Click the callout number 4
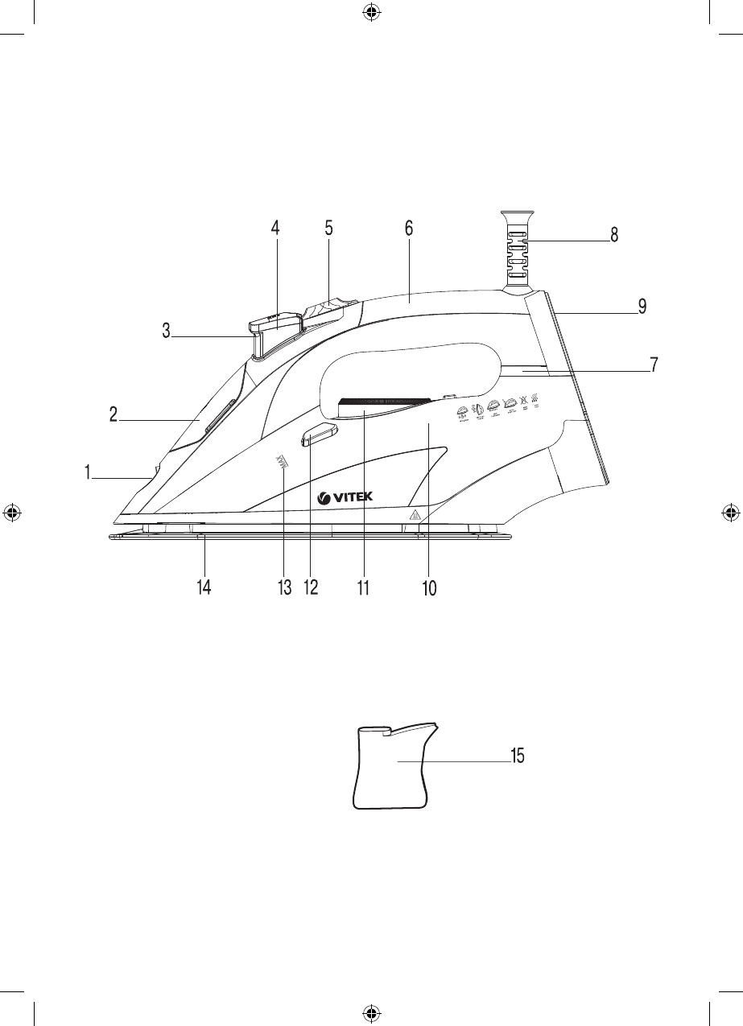[275, 228]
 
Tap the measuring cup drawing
[394, 766]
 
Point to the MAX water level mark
[282, 462]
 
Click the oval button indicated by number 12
[319, 436]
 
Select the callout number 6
[408, 228]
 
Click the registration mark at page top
[370, 12]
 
